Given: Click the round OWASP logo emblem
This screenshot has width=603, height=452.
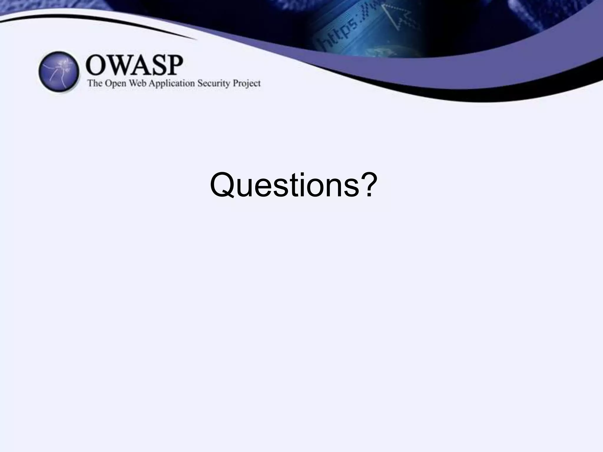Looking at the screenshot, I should [59, 72].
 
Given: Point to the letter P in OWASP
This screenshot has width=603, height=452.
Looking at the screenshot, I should [174, 65].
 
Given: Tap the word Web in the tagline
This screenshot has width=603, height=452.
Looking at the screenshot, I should [138, 83].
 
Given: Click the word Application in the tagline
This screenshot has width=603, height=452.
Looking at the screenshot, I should [172, 84].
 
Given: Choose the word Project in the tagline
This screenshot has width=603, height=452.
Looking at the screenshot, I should [247, 84].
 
